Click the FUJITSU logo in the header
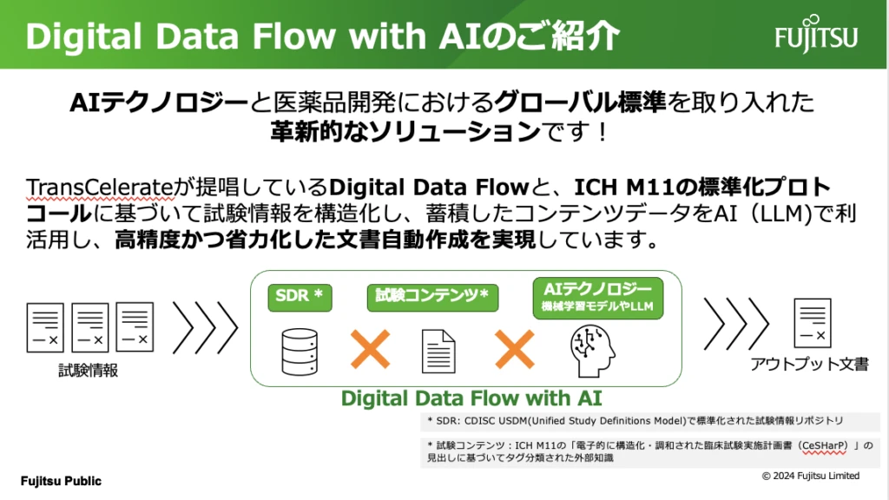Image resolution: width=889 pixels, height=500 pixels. pyautogui.click(x=816, y=35)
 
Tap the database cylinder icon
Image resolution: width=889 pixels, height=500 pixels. pyautogui.click(x=299, y=350)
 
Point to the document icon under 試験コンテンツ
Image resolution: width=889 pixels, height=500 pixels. pyautogui.click(x=438, y=351)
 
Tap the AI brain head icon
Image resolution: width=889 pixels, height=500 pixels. pyautogui.click(x=595, y=352)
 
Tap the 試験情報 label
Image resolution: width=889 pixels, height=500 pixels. pyautogui.click(x=89, y=370)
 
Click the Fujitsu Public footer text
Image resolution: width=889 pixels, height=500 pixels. pyautogui.click(x=61, y=481)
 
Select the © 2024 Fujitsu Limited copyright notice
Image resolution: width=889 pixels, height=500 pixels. pyautogui.click(x=811, y=476)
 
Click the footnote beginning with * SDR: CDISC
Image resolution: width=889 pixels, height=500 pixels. pyautogui.click(x=634, y=421)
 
